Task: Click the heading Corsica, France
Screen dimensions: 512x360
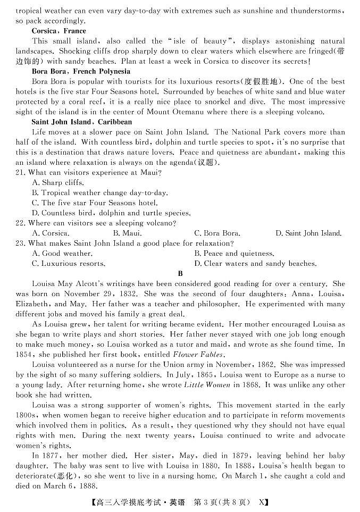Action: point(58,31)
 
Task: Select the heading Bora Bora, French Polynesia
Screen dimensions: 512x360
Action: point(81,71)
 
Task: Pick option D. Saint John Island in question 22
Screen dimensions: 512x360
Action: point(308,233)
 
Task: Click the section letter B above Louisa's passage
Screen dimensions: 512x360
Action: point(180,274)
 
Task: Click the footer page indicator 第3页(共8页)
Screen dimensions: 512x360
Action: point(223,501)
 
